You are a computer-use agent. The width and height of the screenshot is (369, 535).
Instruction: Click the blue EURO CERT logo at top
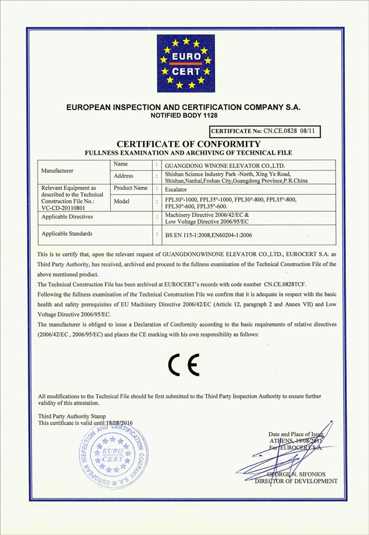[186, 63]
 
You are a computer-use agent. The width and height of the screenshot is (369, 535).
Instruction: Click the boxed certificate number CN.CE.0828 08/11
[266, 132]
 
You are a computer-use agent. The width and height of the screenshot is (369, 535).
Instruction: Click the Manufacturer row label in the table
[58, 171]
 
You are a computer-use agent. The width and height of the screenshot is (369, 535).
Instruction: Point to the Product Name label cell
[130, 188]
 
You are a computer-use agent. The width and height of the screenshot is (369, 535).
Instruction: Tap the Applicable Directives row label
[67, 216]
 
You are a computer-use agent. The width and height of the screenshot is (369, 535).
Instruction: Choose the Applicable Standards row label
[67, 233]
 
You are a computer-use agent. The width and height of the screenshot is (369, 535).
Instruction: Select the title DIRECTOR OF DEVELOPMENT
[296, 481]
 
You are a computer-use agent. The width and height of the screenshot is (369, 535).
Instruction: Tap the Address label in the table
[123, 176]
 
